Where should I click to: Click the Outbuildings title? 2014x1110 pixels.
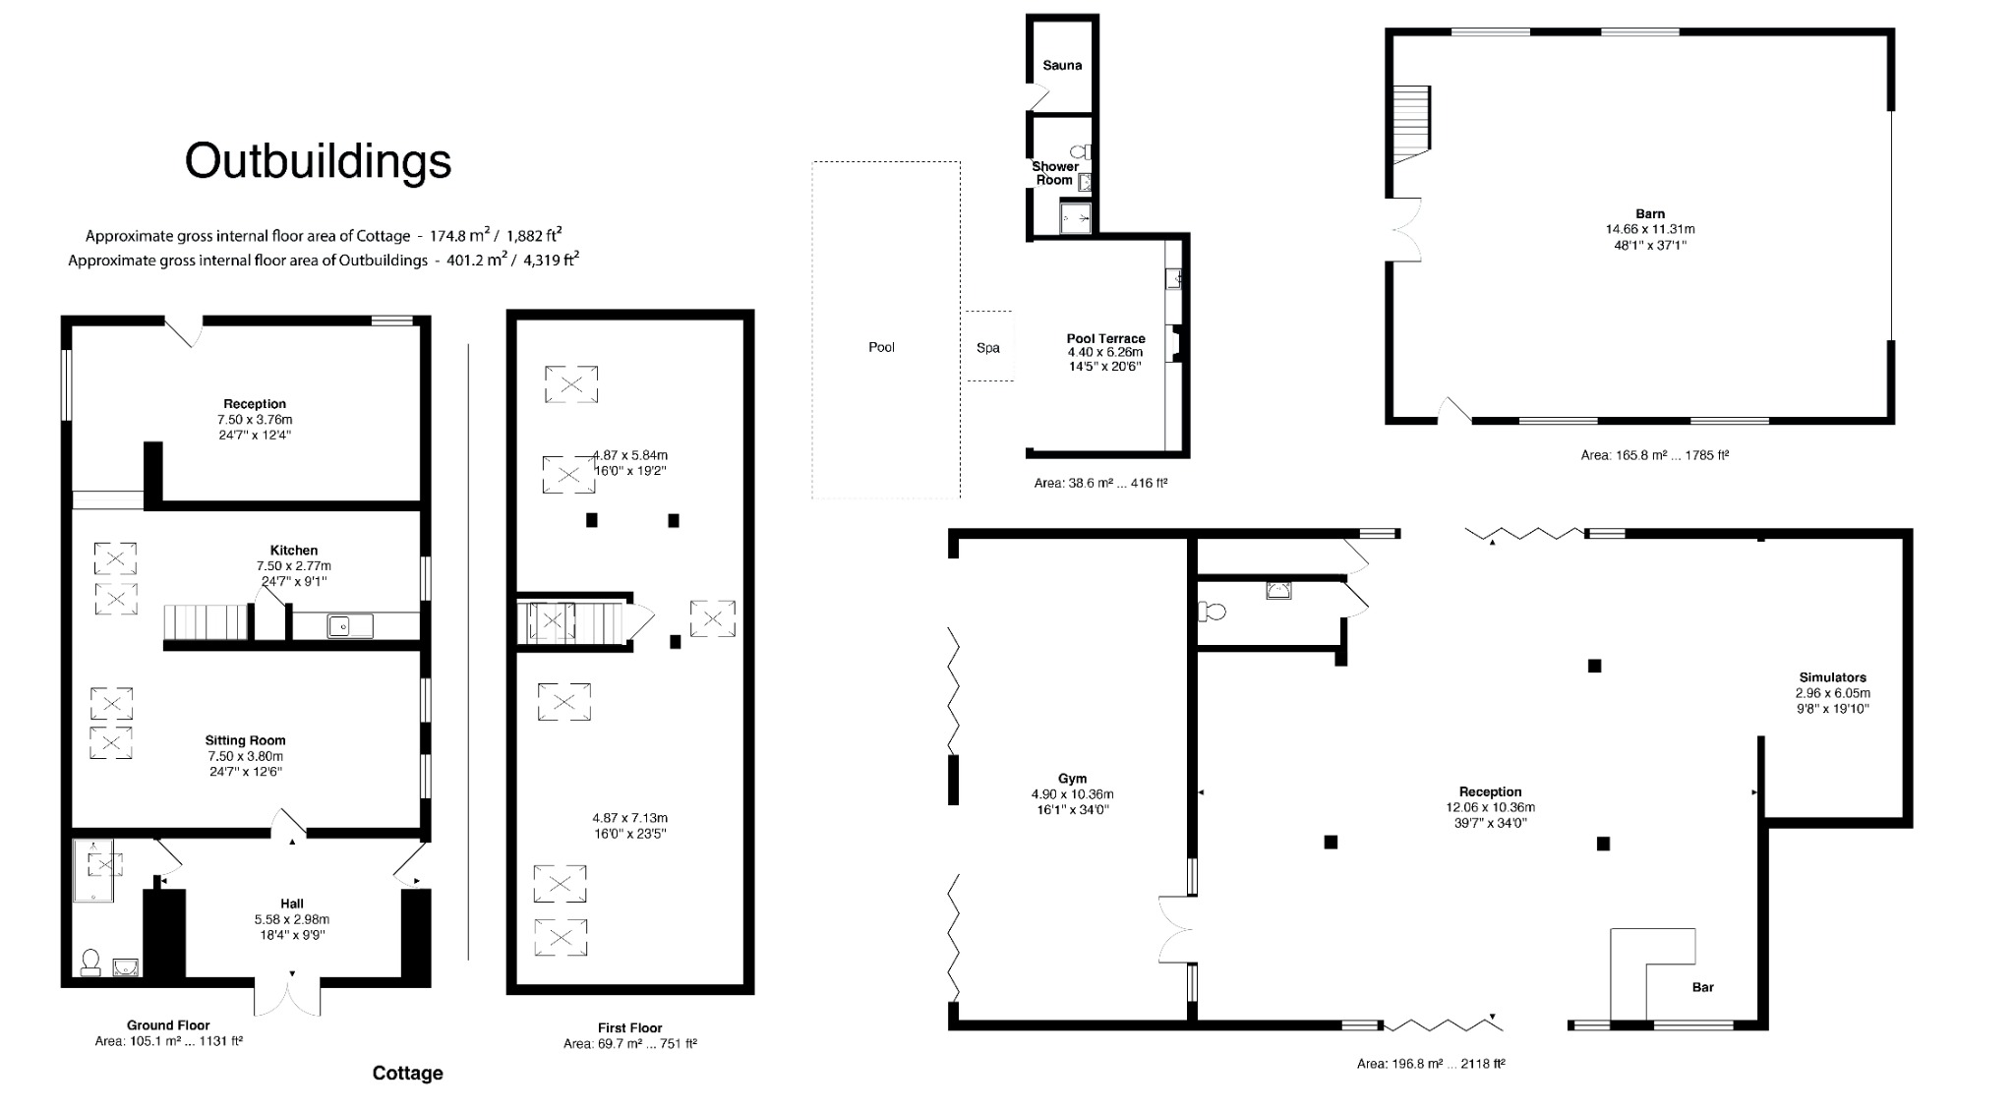318,161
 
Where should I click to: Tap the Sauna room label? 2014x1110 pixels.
1062,66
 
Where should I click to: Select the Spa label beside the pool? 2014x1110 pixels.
988,348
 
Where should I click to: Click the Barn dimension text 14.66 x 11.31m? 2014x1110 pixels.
1650,229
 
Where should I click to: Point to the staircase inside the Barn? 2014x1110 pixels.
1410,125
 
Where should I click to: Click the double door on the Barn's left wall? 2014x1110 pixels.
1406,230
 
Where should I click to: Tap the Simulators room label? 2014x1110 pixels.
1832,677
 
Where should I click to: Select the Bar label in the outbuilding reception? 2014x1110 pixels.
1703,987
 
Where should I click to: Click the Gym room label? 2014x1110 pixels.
1072,779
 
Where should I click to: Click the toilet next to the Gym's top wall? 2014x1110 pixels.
1213,612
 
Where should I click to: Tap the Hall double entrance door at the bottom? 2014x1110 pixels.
288,995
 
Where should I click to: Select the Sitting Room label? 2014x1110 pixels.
245,740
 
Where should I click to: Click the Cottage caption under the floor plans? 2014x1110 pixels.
407,1074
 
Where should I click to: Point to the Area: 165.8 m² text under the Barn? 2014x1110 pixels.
1654,455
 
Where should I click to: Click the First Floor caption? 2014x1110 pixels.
629,1027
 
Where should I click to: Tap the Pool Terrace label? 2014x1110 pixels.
1105,338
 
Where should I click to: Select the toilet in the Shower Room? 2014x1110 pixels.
1081,152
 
